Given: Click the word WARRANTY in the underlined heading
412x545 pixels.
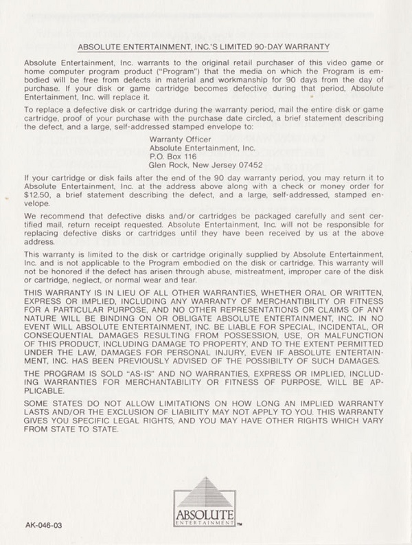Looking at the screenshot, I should tap(306, 47).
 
